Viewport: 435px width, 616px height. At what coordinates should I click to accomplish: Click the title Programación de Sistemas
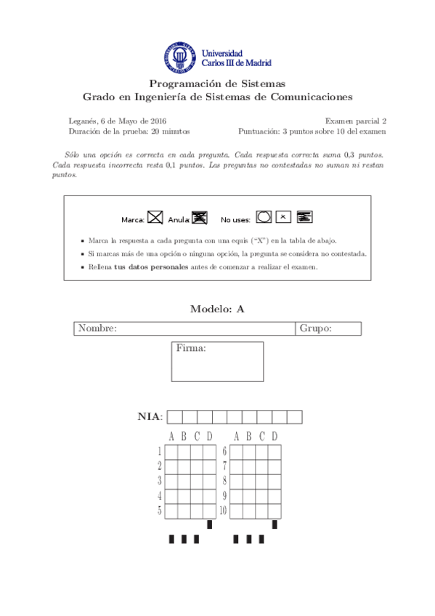click(217, 84)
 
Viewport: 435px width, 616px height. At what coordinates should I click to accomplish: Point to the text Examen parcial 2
click(355, 121)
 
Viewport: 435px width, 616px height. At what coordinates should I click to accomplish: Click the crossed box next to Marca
click(155, 216)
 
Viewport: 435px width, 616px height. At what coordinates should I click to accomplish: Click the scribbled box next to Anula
click(200, 216)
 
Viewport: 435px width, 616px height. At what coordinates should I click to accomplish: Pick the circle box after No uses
click(264, 216)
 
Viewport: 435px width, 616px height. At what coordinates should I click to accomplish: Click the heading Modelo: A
click(217, 309)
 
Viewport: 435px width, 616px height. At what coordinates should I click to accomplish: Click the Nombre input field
click(206, 329)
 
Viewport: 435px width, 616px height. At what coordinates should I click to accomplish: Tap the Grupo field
click(328, 329)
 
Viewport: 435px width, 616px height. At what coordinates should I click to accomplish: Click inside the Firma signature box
click(217, 366)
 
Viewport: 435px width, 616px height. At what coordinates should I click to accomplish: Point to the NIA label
click(150, 417)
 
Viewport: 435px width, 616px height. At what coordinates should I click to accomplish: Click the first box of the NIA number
click(174, 417)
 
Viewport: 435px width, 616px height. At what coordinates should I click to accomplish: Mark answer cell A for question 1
click(171, 452)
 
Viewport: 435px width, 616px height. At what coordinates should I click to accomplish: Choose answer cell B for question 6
click(248, 452)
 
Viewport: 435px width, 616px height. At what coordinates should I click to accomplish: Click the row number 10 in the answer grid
click(224, 511)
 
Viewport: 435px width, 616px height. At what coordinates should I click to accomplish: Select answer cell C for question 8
click(261, 482)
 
